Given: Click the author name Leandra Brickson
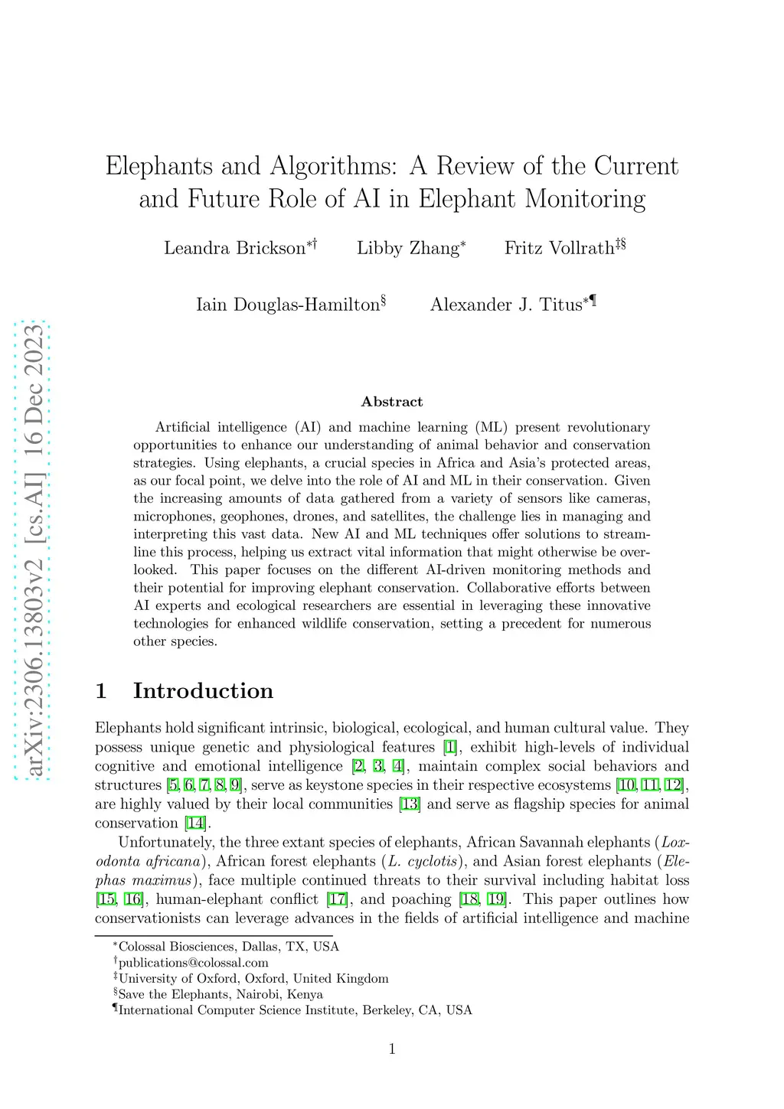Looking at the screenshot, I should point(234,248).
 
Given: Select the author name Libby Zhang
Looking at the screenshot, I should point(407,248).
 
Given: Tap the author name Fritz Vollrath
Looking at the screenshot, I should point(559,248).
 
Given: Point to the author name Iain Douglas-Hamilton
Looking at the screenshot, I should point(288,305).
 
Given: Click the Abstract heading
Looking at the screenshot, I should point(392,402).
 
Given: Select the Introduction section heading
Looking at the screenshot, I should point(203,690).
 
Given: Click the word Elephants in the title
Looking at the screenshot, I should point(159,166).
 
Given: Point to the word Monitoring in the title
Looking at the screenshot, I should point(585,199).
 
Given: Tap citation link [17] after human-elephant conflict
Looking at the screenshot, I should point(337,899).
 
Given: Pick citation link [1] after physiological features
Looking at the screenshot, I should point(450,747).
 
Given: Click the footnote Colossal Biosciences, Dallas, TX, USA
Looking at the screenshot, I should point(228,947).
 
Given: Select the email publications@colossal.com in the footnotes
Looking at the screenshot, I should point(193,963).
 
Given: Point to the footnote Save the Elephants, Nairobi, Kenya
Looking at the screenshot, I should point(220,995).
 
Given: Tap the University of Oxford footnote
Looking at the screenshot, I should point(253,979).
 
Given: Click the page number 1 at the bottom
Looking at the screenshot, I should point(392,1049).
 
